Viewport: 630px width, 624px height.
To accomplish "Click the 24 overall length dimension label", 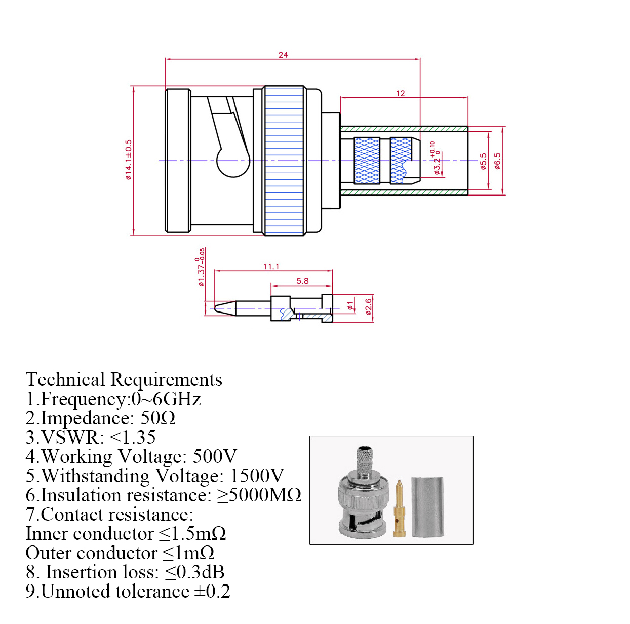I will pyautogui.click(x=283, y=55).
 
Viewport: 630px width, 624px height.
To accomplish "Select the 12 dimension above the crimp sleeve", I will pyautogui.click(x=401, y=93).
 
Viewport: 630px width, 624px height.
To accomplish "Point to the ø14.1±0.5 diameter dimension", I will pyautogui.click(x=129, y=160).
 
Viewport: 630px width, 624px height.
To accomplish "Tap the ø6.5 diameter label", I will pyautogui.click(x=497, y=161).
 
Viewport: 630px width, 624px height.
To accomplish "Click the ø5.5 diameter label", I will pyautogui.click(x=483, y=161).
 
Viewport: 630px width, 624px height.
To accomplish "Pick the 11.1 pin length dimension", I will pyautogui.click(x=271, y=266).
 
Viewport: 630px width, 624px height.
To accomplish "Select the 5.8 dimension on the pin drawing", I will pyautogui.click(x=302, y=281).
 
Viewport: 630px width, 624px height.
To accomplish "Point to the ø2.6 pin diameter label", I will pyautogui.click(x=369, y=306).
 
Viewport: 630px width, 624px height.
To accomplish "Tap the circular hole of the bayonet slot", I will pyautogui.click(x=233, y=161).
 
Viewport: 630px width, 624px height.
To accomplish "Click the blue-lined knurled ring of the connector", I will pyautogui.click(x=284, y=160).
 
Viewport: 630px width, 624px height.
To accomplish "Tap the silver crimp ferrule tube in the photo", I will pyautogui.click(x=428, y=506).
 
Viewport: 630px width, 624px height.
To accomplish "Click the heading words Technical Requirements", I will pyautogui.click(x=124, y=379).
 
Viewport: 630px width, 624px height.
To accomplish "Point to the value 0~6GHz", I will pyautogui.click(x=166, y=399).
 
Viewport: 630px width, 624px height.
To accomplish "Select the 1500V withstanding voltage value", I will pyautogui.click(x=257, y=476).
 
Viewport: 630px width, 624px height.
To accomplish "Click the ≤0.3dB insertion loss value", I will pyautogui.click(x=194, y=572).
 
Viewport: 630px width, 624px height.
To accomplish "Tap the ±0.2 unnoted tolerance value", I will pyautogui.click(x=212, y=591).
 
